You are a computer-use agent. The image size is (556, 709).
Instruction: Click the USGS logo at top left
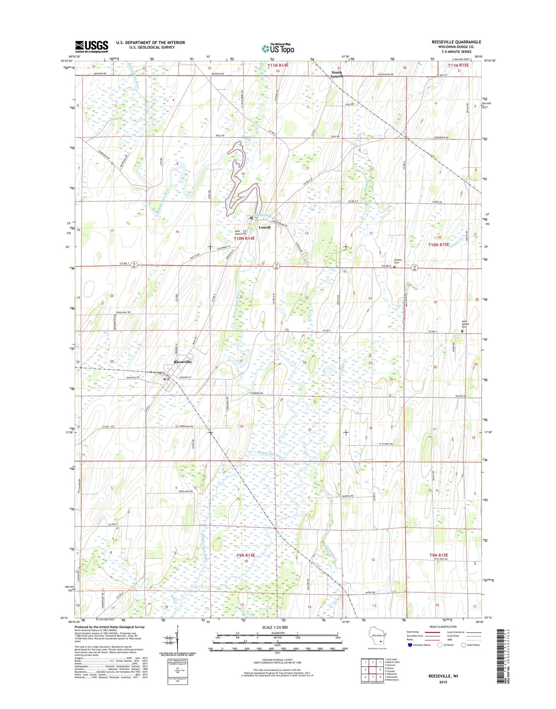(x=92, y=47)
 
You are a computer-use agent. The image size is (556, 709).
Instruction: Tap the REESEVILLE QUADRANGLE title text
(x=456, y=42)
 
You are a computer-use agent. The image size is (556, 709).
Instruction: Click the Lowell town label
(x=264, y=227)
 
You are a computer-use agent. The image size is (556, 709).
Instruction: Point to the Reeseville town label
(x=183, y=362)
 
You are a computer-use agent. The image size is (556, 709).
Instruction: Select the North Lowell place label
(x=337, y=74)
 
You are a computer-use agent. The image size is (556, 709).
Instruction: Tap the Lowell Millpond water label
(x=258, y=215)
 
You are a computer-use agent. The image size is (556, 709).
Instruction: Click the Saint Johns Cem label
(x=240, y=233)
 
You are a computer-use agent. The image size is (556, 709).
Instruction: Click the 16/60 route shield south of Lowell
(x=277, y=266)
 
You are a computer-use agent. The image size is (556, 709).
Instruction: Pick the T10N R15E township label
(x=438, y=245)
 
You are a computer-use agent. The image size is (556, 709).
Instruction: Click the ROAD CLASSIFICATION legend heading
(x=444, y=627)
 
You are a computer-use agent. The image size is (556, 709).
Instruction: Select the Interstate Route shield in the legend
(x=410, y=645)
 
